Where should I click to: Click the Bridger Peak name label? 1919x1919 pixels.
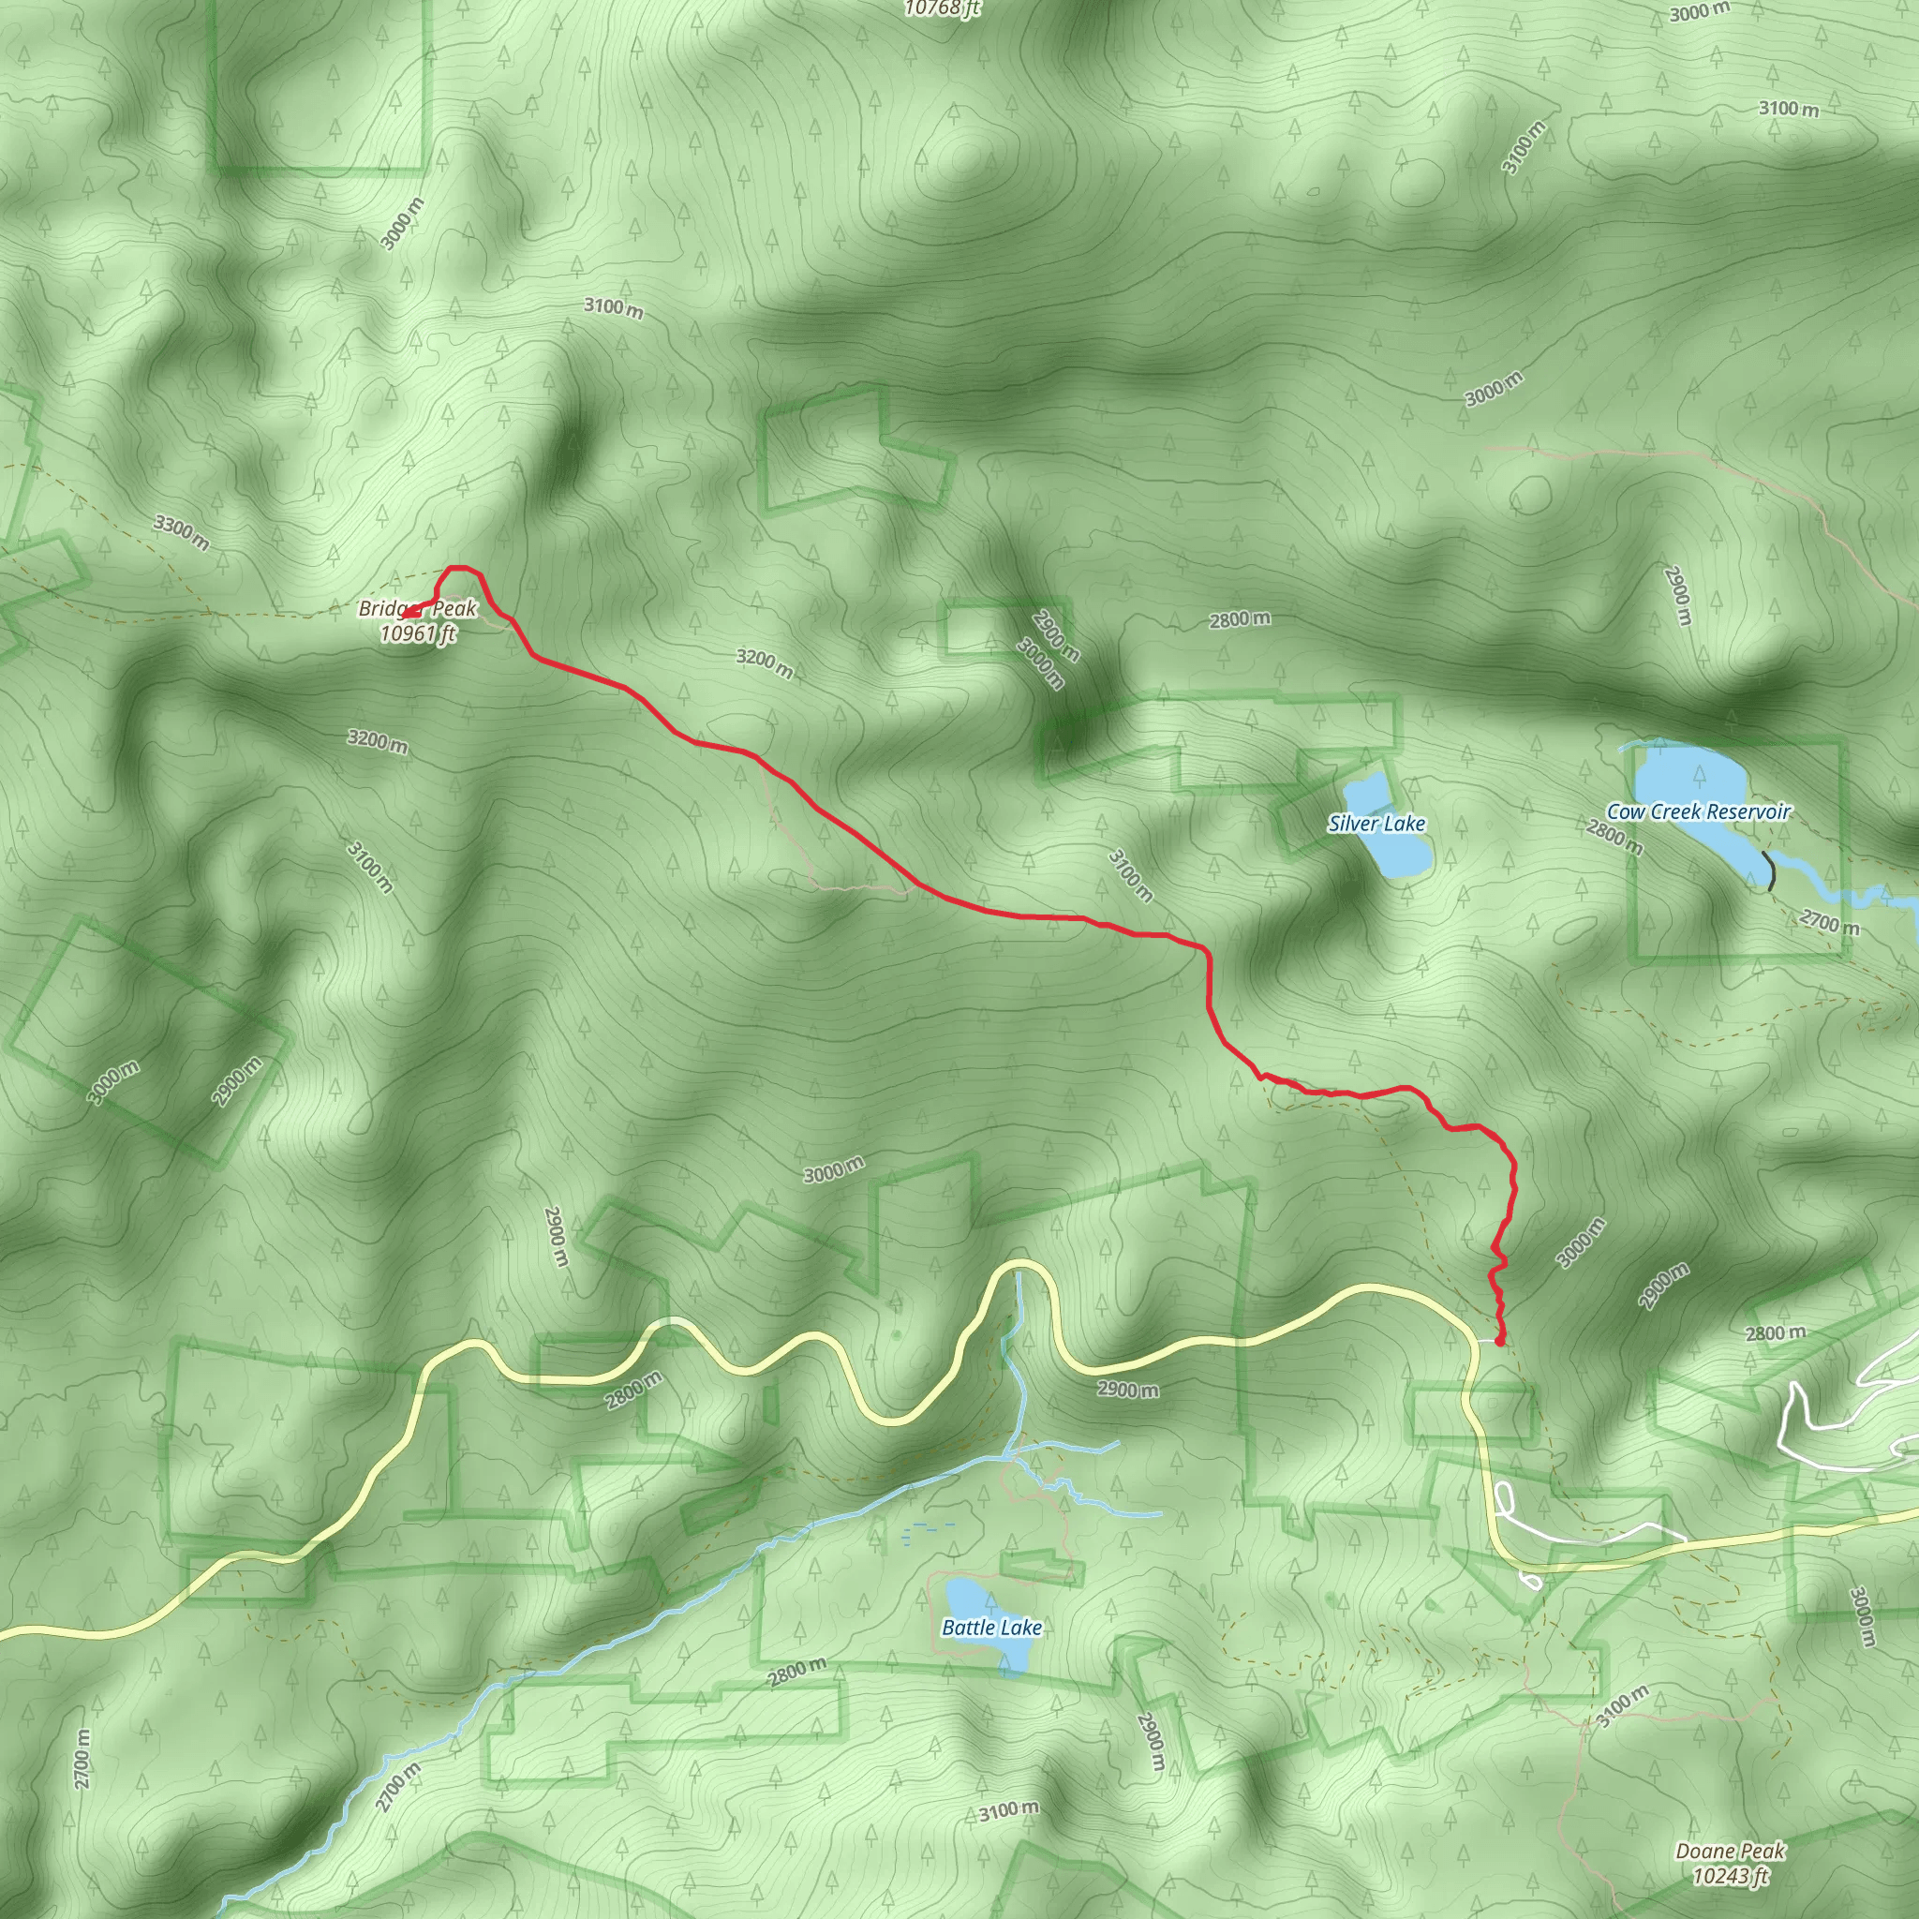(418, 608)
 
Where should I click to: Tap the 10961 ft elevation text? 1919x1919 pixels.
(418, 632)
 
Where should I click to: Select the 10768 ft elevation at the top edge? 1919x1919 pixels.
(942, 7)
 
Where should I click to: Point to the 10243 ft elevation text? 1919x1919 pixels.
(1731, 1876)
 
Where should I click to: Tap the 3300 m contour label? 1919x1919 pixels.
(182, 532)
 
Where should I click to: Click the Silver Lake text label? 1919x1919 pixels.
(1376, 824)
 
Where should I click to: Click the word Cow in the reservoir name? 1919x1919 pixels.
(1624, 811)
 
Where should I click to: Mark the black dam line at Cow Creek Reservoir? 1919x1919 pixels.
(1769, 870)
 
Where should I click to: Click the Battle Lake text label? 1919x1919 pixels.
(991, 1627)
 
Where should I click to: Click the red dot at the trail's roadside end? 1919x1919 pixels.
(1499, 1342)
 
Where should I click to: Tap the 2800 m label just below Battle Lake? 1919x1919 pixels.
(796, 1673)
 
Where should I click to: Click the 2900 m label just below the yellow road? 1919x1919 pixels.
(1127, 1389)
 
